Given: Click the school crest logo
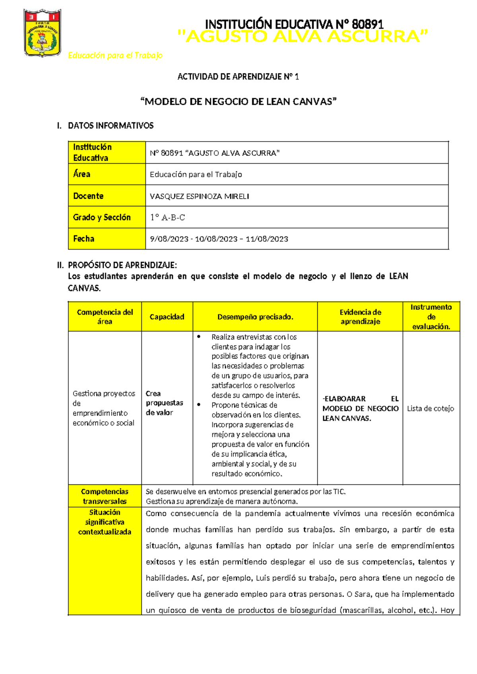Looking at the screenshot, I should click(x=43, y=33).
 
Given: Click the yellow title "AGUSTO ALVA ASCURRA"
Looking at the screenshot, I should click(x=303, y=37).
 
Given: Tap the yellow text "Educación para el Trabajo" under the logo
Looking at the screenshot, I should click(x=115, y=55).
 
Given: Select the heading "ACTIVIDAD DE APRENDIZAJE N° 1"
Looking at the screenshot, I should click(x=238, y=77).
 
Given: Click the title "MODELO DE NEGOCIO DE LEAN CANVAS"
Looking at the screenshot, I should click(x=238, y=102).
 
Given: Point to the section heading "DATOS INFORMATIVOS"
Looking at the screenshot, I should click(x=111, y=126).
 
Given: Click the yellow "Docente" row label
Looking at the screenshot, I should click(x=88, y=196).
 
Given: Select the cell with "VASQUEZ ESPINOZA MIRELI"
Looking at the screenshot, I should click(x=200, y=196).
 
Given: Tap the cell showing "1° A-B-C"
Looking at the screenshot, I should click(x=167, y=217).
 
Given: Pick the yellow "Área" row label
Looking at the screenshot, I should click(x=82, y=174).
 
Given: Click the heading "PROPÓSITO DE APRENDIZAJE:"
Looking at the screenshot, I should click(x=122, y=265).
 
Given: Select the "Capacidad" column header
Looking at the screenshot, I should click(x=167, y=317).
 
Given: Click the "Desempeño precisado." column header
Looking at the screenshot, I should click(x=255, y=317).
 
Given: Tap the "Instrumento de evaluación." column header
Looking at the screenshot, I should click(x=431, y=317).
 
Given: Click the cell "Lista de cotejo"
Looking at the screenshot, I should click(x=430, y=409).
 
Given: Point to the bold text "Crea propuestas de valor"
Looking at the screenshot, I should click(x=164, y=403).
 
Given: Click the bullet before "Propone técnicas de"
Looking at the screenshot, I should click(x=199, y=405).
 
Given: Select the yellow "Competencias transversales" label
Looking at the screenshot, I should click(x=105, y=496).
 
